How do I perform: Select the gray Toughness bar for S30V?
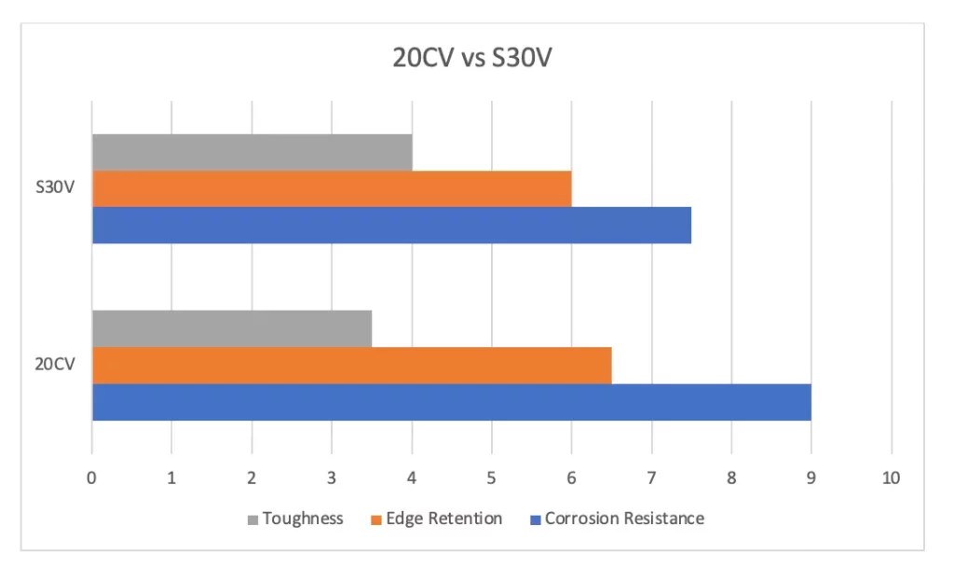(x=252, y=152)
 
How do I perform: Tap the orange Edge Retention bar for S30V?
(x=331, y=188)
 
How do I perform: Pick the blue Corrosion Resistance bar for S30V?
(x=391, y=225)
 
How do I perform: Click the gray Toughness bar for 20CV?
(x=231, y=328)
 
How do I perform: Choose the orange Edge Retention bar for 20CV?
(x=351, y=365)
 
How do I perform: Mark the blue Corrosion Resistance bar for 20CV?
(x=451, y=402)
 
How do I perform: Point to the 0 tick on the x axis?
(x=91, y=478)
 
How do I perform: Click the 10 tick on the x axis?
(x=891, y=478)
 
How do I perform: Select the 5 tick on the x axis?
(x=491, y=478)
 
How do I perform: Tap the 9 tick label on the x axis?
(x=811, y=478)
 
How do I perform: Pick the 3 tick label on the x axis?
(x=332, y=478)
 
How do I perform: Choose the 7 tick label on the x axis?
(x=651, y=478)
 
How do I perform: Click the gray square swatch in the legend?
(x=252, y=520)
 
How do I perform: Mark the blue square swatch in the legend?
(x=535, y=520)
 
